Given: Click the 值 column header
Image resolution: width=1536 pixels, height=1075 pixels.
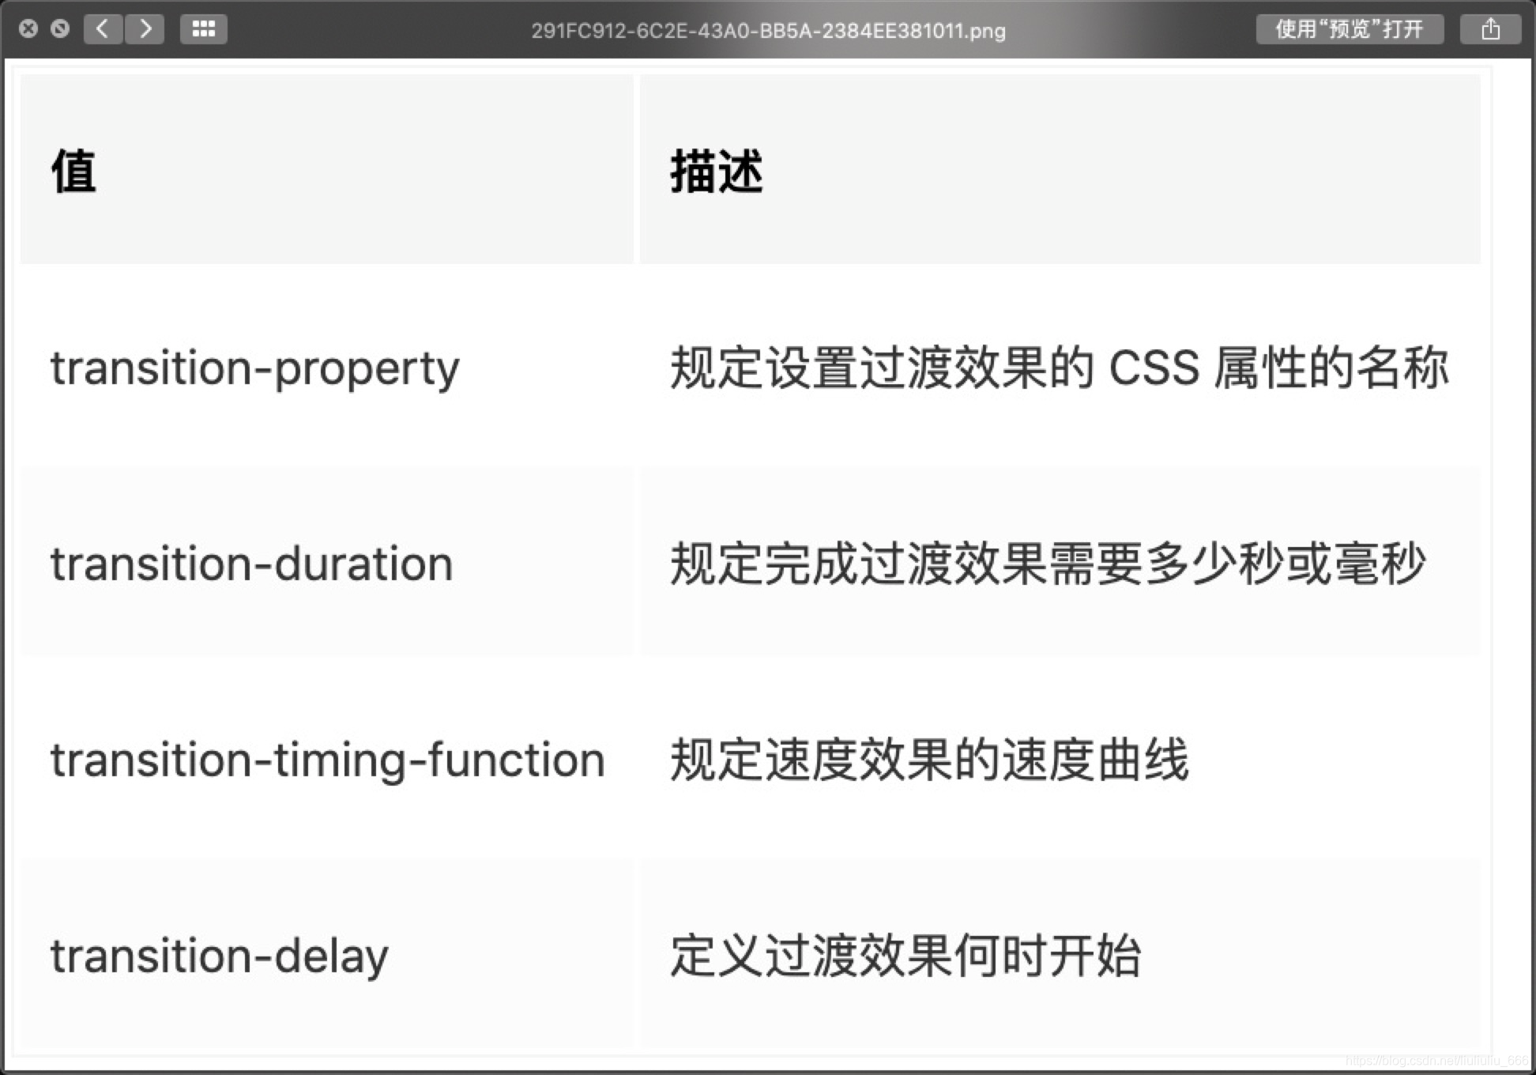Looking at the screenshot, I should pyautogui.click(x=73, y=171).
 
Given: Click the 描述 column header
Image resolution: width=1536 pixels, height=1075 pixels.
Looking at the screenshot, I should pyautogui.click(x=716, y=171).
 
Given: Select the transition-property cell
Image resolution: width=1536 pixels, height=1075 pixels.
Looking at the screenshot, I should pyautogui.click(x=254, y=368).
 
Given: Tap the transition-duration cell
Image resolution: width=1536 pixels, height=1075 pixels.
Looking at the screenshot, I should pyautogui.click(x=251, y=564).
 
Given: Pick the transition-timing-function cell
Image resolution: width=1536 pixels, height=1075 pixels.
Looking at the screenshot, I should pyautogui.click(x=327, y=760).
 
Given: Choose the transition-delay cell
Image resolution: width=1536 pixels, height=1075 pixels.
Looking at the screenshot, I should pyautogui.click(x=219, y=956).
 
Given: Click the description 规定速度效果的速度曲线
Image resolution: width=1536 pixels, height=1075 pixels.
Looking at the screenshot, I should pyautogui.click(x=928, y=760).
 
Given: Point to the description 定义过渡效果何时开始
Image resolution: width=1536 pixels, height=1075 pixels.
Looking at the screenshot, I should pyautogui.click(x=905, y=956).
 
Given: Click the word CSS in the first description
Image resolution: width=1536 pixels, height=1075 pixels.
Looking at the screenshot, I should pyautogui.click(x=1154, y=368).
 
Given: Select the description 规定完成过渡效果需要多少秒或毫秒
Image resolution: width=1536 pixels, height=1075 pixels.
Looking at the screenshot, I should pyautogui.click(x=1047, y=564).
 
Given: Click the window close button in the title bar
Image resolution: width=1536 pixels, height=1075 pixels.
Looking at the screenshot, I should pyautogui.click(x=28, y=29).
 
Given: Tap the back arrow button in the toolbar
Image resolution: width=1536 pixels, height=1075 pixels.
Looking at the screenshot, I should pyautogui.click(x=103, y=29).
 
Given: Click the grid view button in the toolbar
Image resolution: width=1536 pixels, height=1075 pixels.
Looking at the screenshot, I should pyautogui.click(x=203, y=29).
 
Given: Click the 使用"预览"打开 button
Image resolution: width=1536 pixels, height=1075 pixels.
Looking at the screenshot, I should pyautogui.click(x=1349, y=29).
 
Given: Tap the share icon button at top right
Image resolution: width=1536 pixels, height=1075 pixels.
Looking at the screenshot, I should pyautogui.click(x=1490, y=29).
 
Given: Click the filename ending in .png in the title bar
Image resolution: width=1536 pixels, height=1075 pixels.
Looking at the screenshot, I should pyautogui.click(x=768, y=31).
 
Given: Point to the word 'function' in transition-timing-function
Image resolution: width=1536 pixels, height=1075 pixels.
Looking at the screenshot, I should pyautogui.click(x=517, y=760).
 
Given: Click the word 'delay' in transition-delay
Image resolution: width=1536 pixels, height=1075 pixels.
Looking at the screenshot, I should pyautogui.click(x=331, y=956).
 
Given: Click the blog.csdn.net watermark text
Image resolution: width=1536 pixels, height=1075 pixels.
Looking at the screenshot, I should pyautogui.click(x=1436, y=1061).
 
